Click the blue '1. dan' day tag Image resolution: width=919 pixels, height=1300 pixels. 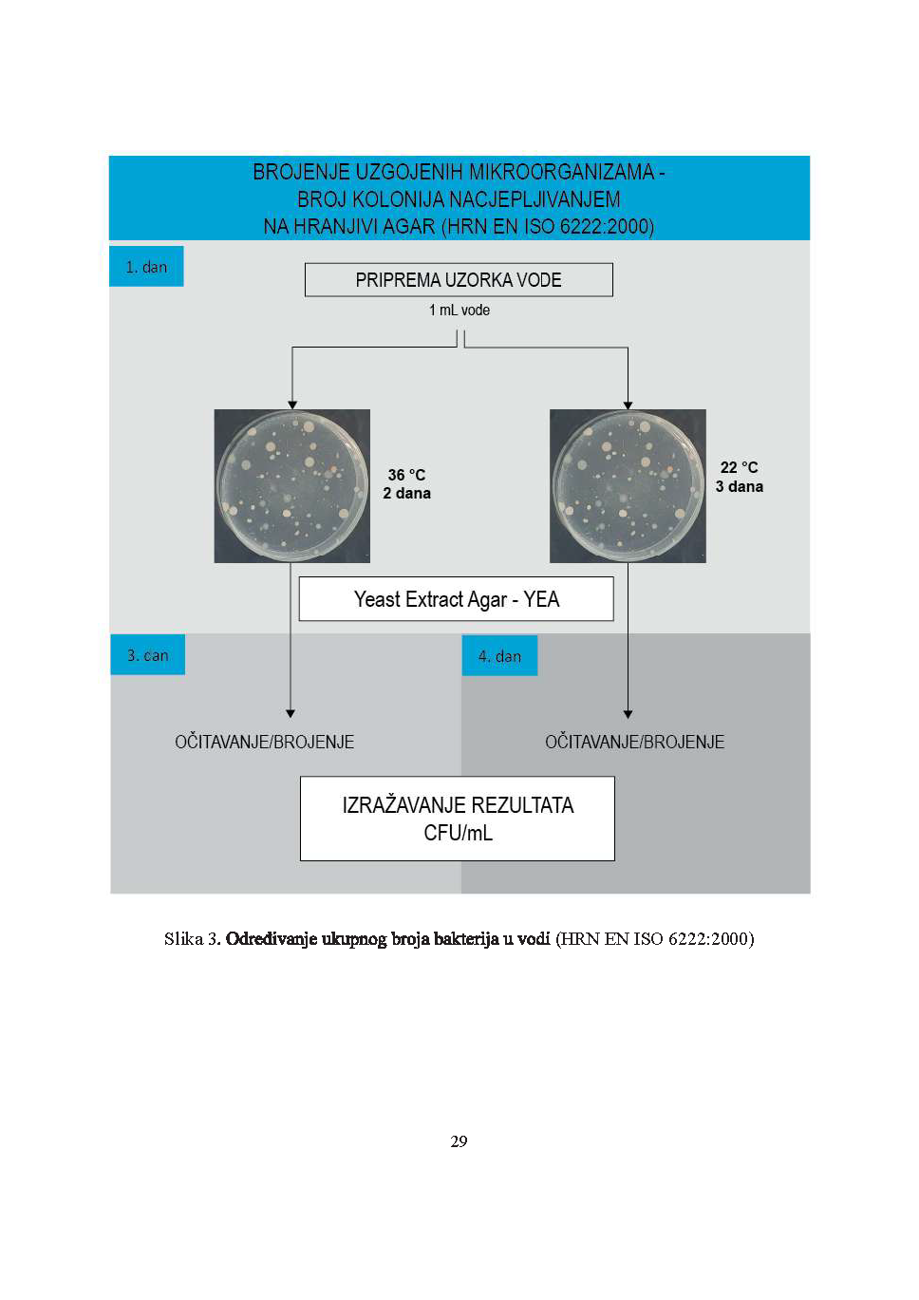[x=146, y=267]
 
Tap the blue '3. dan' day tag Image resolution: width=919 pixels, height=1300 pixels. [x=147, y=655]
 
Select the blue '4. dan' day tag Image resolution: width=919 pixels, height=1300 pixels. [x=499, y=656]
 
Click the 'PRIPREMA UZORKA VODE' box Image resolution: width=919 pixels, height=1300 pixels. [x=459, y=280]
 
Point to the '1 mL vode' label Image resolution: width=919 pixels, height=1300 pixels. [x=459, y=311]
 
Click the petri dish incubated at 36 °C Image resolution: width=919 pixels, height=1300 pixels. [x=291, y=486]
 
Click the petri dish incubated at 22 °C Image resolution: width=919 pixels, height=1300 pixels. [x=628, y=486]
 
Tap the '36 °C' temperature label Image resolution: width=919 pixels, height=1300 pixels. [x=406, y=475]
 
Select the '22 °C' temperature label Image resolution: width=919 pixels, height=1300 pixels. [x=739, y=467]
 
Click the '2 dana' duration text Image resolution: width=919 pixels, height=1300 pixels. [x=406, y=494]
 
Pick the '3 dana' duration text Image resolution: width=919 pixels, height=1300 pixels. [x=739, y=487]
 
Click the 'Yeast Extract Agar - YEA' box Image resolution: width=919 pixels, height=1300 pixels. [x=457, y=599]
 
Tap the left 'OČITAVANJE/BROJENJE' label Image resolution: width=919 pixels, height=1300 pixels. [x=264, y=743]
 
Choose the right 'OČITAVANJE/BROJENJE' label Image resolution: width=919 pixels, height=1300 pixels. [x=634, y=743]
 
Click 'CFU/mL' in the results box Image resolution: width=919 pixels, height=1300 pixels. [x=458, y=833]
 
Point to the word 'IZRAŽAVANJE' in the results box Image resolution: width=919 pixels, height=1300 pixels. [x=403, y=805]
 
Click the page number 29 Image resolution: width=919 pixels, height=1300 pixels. [x=459, y=1141]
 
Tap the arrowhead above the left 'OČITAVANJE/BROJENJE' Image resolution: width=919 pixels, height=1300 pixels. [x=291, y=713]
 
